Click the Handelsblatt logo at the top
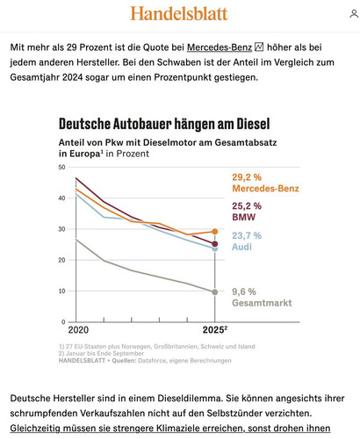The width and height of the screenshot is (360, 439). (179, 13)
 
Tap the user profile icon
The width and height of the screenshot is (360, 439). (354, 14)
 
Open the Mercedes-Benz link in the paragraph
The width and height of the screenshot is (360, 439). (220, 47)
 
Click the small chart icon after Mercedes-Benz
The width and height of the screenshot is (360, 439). (259, 47)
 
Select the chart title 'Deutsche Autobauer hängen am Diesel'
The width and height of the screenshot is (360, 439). (164, 124)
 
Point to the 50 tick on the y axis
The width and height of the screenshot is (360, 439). (61, 167)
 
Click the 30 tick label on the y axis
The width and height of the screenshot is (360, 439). (61, 229)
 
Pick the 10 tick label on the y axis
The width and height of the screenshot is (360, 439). (61, 291)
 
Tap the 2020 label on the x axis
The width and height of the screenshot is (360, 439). (78, 330)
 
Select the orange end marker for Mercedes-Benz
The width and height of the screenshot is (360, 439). (215, 232)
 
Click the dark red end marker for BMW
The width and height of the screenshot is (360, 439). (215, 244)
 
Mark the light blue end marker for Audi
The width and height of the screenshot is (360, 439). (215, 248)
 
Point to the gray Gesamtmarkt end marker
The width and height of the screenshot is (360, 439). (215, 292)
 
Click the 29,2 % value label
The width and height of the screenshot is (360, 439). (247, 177)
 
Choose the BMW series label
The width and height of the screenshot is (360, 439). (244, 217)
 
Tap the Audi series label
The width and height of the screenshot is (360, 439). (241, 247)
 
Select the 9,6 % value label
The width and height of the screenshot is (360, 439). (244, 291)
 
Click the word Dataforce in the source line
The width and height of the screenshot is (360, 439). (151, 361)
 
